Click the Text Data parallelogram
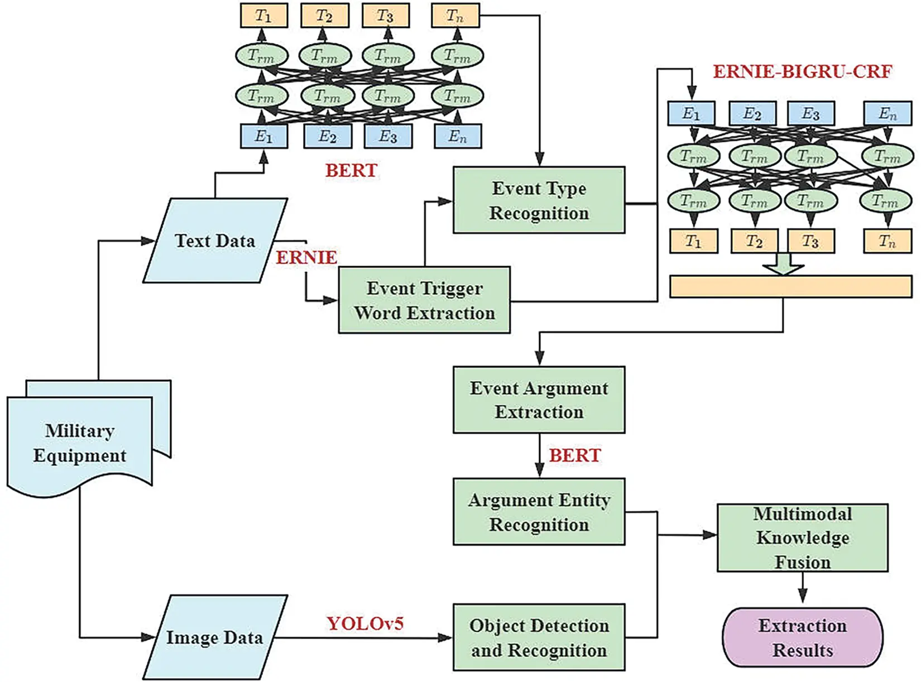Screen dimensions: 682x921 coord(215,241)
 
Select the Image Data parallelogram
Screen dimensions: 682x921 coord(215,637)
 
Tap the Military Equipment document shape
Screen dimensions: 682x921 coord(79,444)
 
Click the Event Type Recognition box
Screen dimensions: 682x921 coord(539,200)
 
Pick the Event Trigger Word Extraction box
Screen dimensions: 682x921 coord(424,300)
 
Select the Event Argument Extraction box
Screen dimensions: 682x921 coord(539,400)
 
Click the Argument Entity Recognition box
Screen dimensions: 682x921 coord(539,512)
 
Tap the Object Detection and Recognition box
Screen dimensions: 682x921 coord(539,637)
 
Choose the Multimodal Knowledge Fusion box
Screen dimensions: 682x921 coord(802,537)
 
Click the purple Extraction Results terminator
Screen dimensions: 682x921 coord(802,637)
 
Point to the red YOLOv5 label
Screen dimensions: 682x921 coord(365,623)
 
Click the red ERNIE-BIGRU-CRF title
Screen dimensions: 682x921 coord(802,71)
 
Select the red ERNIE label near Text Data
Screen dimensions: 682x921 coord(306,257)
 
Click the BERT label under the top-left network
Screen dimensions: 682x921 coord(351,170)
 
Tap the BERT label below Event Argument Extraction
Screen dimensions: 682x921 coord(575,455)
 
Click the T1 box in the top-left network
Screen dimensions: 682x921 coord(263,16)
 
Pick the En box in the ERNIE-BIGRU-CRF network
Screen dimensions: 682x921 coord(887,113)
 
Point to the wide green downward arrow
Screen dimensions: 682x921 coord(783,264)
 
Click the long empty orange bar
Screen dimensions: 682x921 coord(790,286)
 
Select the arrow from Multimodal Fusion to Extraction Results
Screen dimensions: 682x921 coord(802,588)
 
